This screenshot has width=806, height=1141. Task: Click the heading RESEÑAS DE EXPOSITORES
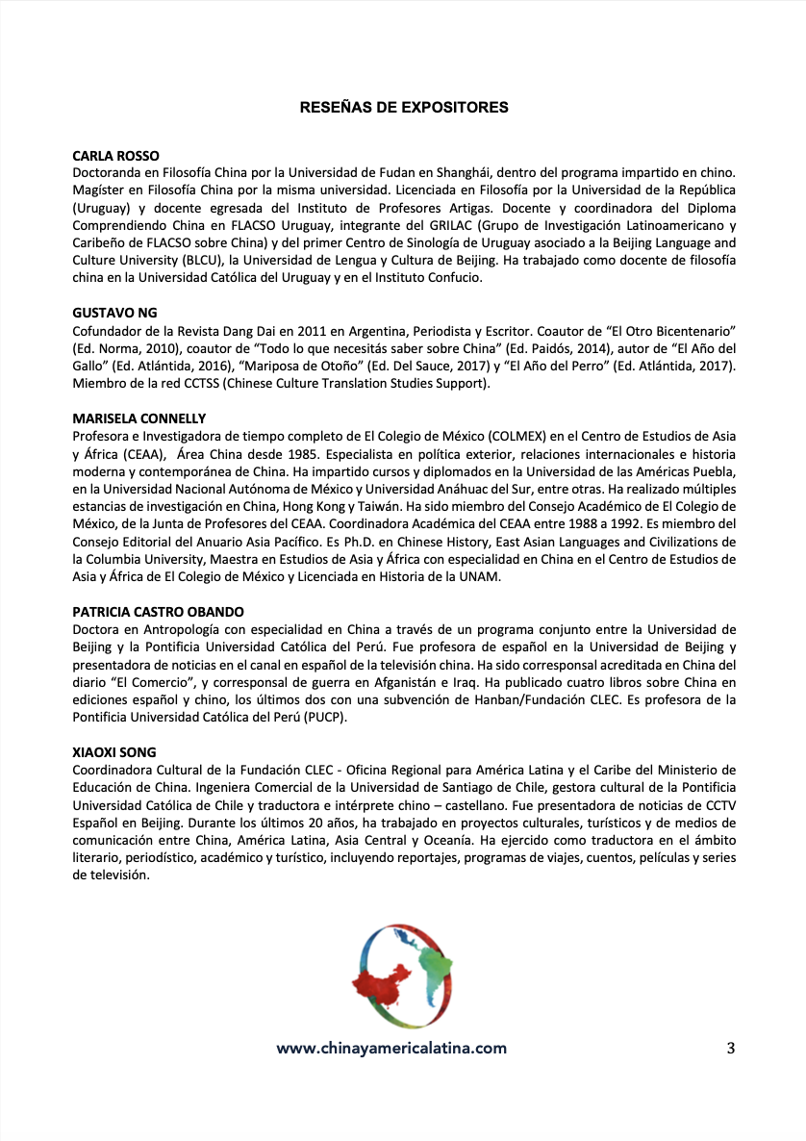tap(404, 108)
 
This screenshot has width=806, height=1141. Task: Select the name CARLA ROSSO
tap(116, 156)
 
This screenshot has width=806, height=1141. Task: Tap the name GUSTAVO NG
tap(114, 313)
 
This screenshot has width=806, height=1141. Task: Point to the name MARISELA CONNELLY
tap(139, 418)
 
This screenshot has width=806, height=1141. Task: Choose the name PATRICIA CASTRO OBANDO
tap(159, 612)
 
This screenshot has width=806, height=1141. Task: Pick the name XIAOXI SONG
tap(113, 751)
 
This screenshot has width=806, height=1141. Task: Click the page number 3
tap(731, 1048)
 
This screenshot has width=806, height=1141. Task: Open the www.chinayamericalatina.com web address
tap(391, 1048)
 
